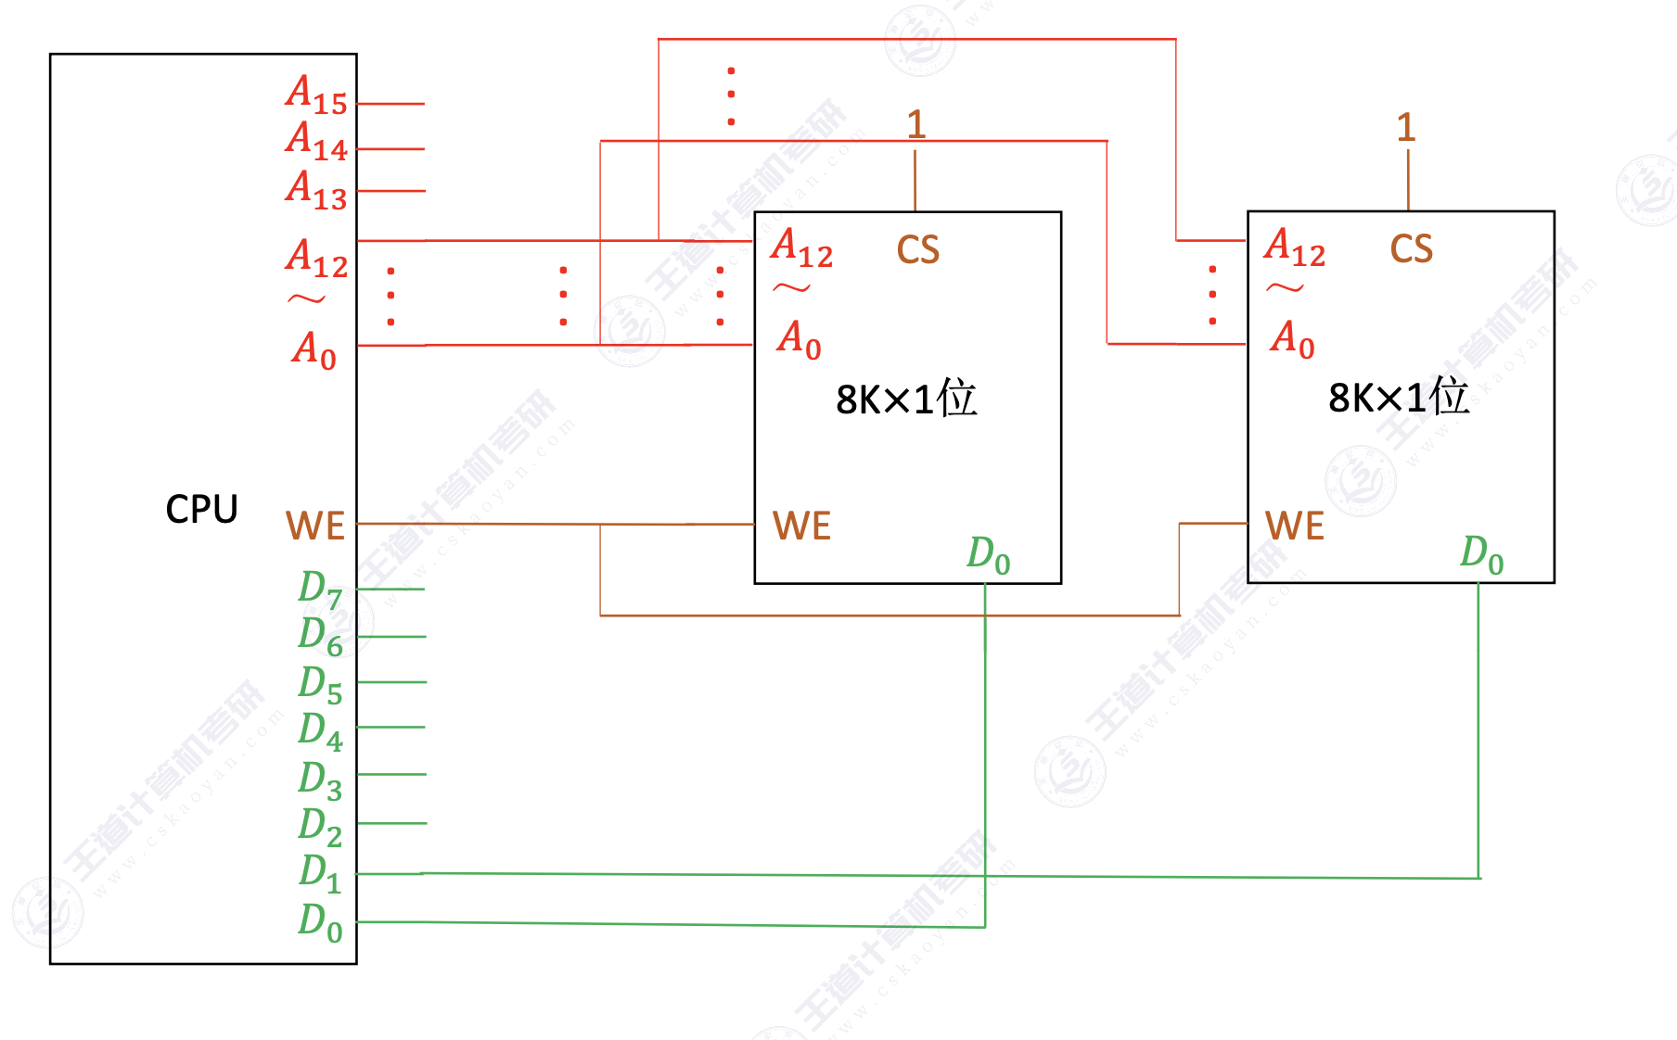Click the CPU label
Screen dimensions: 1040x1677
201,509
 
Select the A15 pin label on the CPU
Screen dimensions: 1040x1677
316,95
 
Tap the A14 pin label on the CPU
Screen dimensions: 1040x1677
316,141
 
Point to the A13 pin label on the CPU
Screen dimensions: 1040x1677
316,190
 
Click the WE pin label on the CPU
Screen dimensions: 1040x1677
315,526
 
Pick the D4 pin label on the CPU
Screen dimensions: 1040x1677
320,730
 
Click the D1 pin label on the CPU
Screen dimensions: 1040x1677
320,872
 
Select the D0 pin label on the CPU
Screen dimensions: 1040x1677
320,922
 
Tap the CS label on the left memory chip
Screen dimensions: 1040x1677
917,249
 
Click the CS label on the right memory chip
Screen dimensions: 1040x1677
1411,248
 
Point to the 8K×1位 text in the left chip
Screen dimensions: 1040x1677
906,399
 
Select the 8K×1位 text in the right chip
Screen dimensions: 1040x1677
1399,397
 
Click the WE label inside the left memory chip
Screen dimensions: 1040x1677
801,526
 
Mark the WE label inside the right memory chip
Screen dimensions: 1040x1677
1295,526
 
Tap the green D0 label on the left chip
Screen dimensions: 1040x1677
988,555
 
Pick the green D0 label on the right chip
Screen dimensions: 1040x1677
1481,554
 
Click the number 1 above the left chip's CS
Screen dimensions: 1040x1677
915,124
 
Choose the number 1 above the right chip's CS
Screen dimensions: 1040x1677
1406,127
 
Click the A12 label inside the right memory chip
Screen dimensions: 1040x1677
1295,247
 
